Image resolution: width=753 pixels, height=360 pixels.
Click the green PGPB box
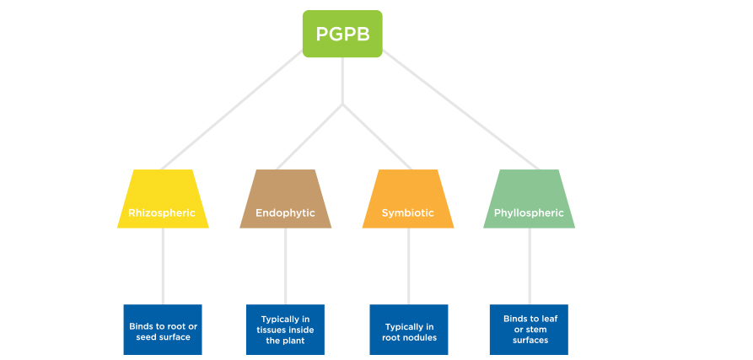[342, 34]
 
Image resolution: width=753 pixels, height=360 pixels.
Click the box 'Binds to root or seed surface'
[163, 330]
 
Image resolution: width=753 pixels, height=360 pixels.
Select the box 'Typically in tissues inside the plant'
[285, 330]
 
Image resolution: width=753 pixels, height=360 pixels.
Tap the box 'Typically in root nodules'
[409, 330]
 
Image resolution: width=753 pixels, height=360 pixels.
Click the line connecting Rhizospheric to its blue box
[163, 266]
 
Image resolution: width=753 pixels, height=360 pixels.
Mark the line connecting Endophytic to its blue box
[285, 266]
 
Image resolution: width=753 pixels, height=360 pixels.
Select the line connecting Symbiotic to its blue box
[409, 266]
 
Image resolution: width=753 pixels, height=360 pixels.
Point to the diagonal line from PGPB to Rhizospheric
[232, 110]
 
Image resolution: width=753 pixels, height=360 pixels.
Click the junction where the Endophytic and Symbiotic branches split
[342, 105]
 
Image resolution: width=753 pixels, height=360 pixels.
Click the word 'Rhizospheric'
[162, 213]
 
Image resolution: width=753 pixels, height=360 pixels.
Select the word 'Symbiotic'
[408, 213]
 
